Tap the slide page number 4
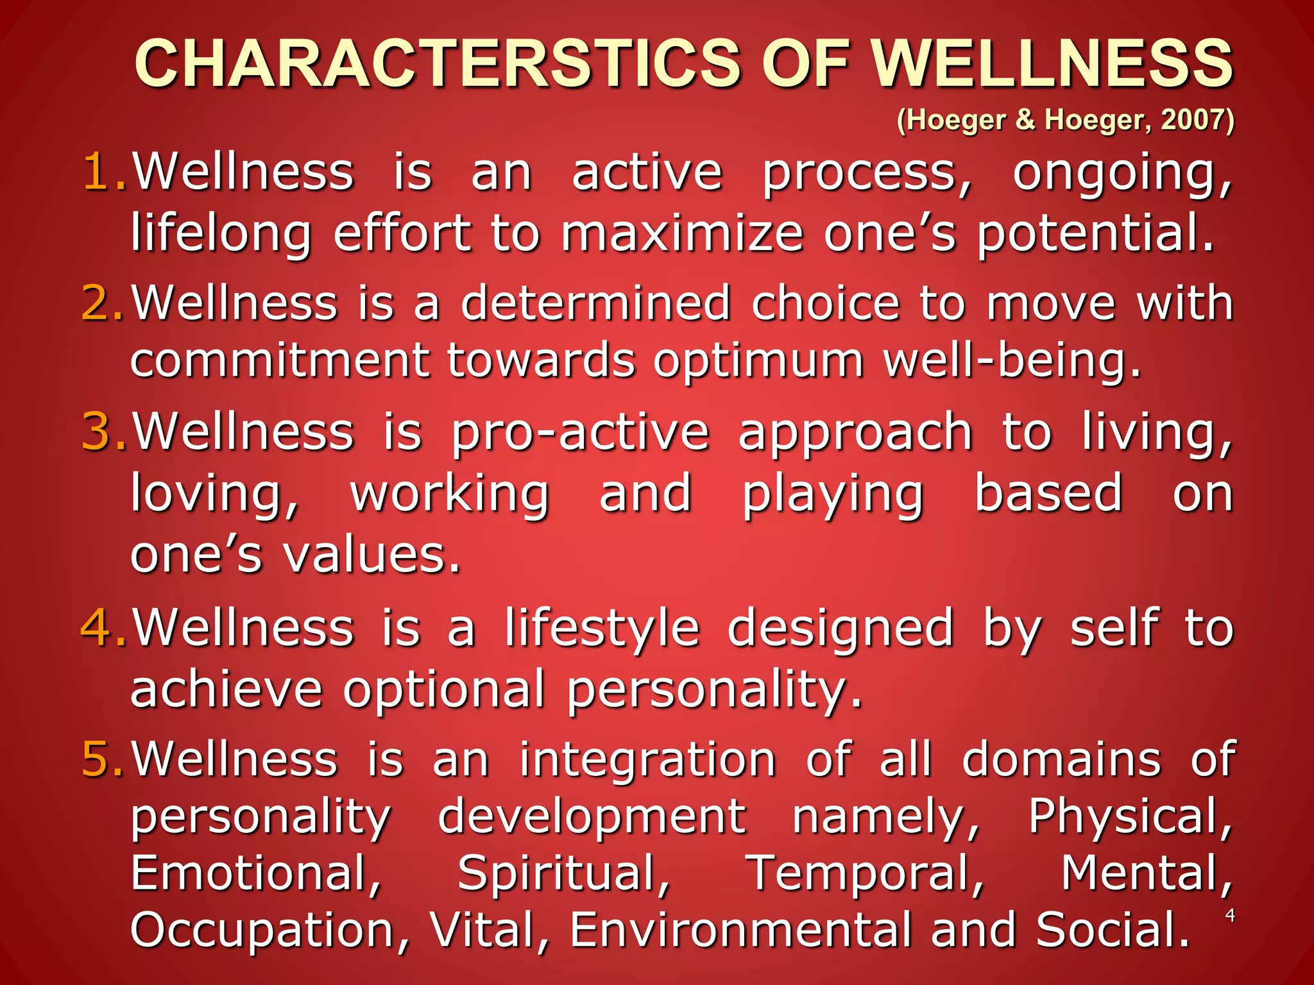(x=1229, y=915)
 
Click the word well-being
(x=1012, y=360)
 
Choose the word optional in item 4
(x=444, y=689)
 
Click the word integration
(x=648, y=759)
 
